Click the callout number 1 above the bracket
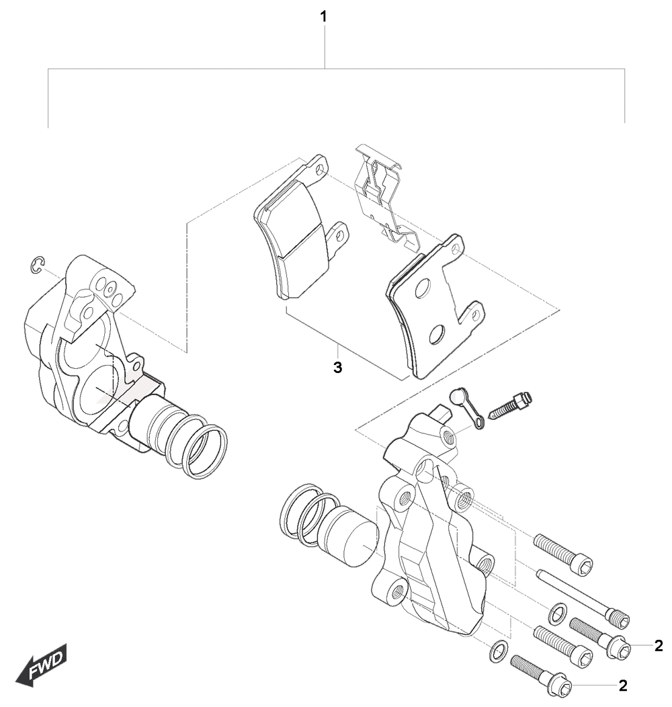[323, 17]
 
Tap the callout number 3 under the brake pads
[338, 368]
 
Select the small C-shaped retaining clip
[37, 265]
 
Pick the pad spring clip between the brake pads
[386, 196]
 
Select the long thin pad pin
[582, 598]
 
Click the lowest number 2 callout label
[623, 685]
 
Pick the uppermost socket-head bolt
[562, 554]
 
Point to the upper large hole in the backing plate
[423, 289]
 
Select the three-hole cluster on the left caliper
[110, 290]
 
